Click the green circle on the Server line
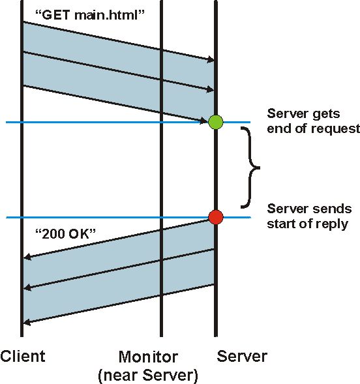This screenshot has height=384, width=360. tap(215, 122)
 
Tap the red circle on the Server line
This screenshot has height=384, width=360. tap(215, 217)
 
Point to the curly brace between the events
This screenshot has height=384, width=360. tap(250, 168)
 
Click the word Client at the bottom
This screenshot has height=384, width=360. tap(23, 357)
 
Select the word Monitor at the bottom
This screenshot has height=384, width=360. tap(148, 357)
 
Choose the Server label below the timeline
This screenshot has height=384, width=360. tap(242, 357)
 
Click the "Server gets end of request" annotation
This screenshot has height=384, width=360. tap(313, 121)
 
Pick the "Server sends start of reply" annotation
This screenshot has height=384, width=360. tap(310, 216)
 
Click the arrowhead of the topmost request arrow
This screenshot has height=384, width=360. tap(211, 61)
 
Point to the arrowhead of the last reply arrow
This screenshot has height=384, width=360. tap(27, 321)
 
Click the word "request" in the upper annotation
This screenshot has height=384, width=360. tap(336, 128)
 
